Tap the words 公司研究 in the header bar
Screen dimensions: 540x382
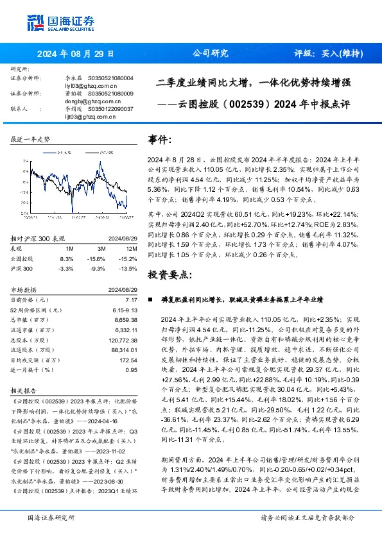[211, 54]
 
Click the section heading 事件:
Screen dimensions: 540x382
[160, 140]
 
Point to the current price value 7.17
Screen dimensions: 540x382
[131, 300]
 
